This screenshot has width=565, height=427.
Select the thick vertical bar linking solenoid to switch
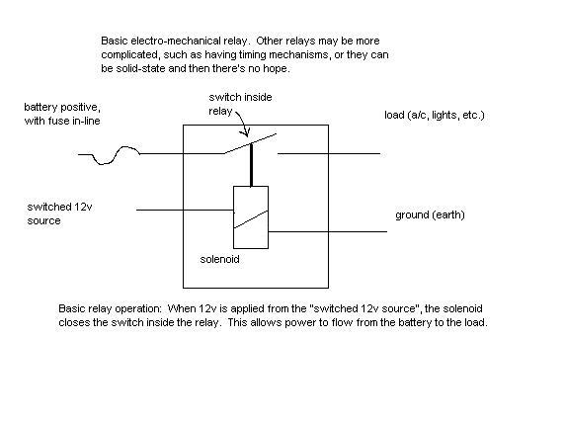(251, 165)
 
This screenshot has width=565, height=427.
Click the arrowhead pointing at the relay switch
(247, 132)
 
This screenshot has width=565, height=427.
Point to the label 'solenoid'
(219, 259)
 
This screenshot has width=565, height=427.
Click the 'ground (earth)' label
(430, 214)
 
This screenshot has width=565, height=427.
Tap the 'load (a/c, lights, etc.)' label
(435, 115)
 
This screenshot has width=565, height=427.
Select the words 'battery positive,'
(62, 107)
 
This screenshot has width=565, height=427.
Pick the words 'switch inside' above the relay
(240, 98)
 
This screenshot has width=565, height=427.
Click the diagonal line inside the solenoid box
(251, 219)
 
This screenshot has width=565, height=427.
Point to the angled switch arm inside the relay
(250, 144)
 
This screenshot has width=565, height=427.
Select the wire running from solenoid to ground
(328, 231)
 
